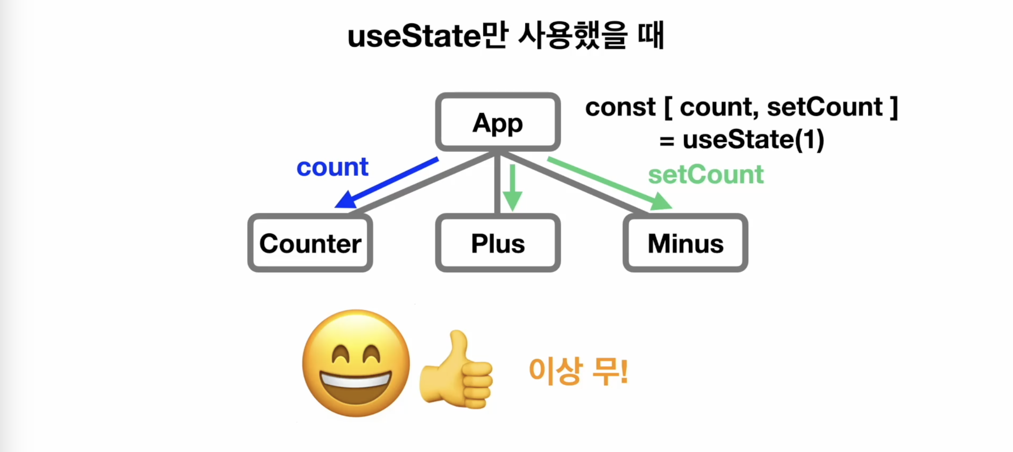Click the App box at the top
[x=498, y=122]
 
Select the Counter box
[x=310, y=243]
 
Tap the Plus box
[x=498, y=243]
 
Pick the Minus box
[x=685, y=243]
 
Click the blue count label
[x=332, y=167]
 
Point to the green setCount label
[x=706, y=175]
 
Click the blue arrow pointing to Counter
[x=387, y=183]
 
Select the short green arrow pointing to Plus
[x=513, y=188]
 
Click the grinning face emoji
[x=356, y=363]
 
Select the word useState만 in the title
[x=428, y=35]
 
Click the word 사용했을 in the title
[x=573, y=35]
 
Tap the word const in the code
[x=620, y=107]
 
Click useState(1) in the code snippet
[x=753, y=140]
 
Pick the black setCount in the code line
[x=825, y=107]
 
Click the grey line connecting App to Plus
[x=497, y=183]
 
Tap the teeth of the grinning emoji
[x=356, y=380]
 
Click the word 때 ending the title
[x=651, y=35]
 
